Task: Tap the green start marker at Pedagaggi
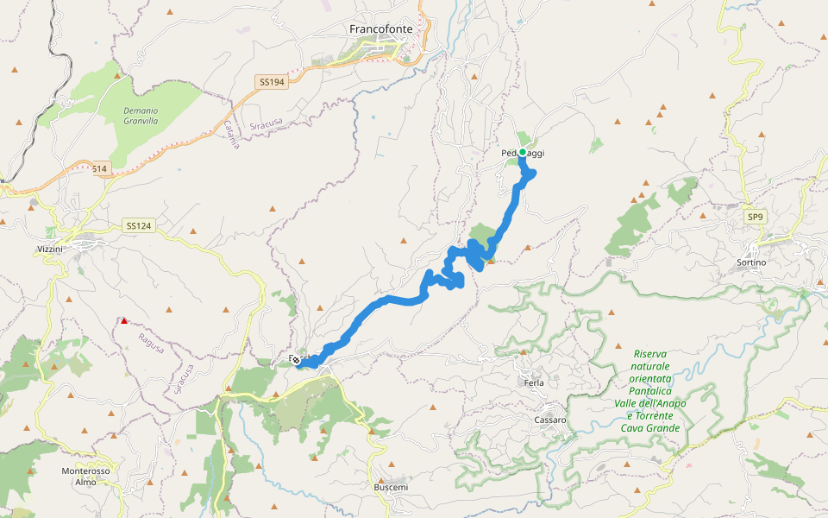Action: click(x=523, y=153)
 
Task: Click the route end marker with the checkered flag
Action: click(x=296, y=360)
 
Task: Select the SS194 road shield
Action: click(x=271, y=81)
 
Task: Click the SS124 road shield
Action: click(x=138, y=226)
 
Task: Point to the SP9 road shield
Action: click(x=756, y=217)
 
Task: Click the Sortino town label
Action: click(x=751, y=262)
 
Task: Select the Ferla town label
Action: click(x=534, y=382)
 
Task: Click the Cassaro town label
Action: click(x=549, y=420)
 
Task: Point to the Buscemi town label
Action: click(x=391, y=488)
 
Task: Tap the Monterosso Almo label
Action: click(x=85, y=477)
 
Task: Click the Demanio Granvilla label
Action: click(x=141, y=116)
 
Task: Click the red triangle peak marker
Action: click(x=124, y=321)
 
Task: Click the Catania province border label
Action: click(x=231, y=135)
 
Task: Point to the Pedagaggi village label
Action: click(x=523, y=154)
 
